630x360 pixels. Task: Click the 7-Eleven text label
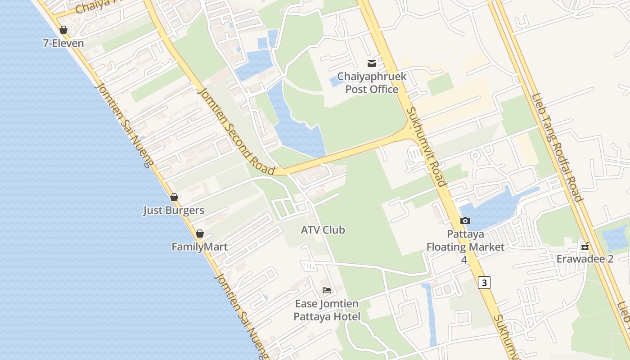[63, 43]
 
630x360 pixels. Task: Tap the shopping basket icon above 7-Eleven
[63, 30]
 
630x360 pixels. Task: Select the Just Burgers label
[174, 210]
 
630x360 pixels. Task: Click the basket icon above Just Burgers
[174, 197]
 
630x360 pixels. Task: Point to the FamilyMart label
[199, 247]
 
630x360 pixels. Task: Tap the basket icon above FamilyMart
[200, 234]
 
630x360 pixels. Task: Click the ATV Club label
[323, 229]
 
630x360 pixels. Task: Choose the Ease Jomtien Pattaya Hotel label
[327, 310]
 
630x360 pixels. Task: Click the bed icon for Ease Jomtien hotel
[327, 290]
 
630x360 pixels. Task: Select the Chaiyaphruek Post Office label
[372, 83]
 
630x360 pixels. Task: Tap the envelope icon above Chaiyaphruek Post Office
[372, 63]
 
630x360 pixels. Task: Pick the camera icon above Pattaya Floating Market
[465, 220]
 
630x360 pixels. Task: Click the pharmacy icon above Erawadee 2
[585, 246]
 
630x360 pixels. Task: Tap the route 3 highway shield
[484, 283]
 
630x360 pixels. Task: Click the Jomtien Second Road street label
[236, 130]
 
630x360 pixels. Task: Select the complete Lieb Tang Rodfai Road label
[557, 147]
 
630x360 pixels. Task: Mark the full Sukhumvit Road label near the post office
[426, 147]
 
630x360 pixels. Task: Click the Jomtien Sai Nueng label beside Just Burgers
[124, 125]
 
